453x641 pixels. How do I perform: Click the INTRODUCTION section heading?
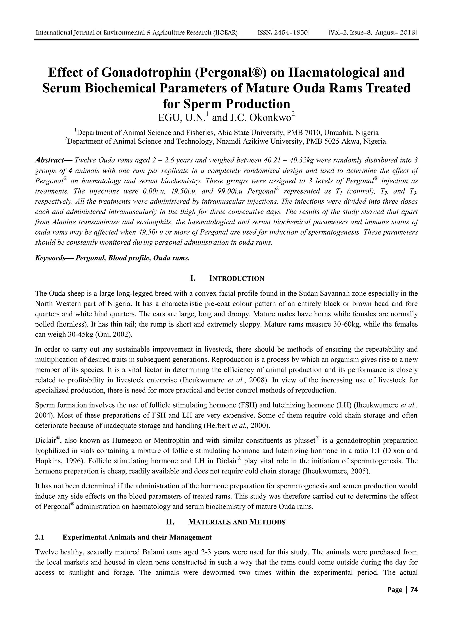point(236,278)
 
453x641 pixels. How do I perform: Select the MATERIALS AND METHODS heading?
point(237,522)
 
